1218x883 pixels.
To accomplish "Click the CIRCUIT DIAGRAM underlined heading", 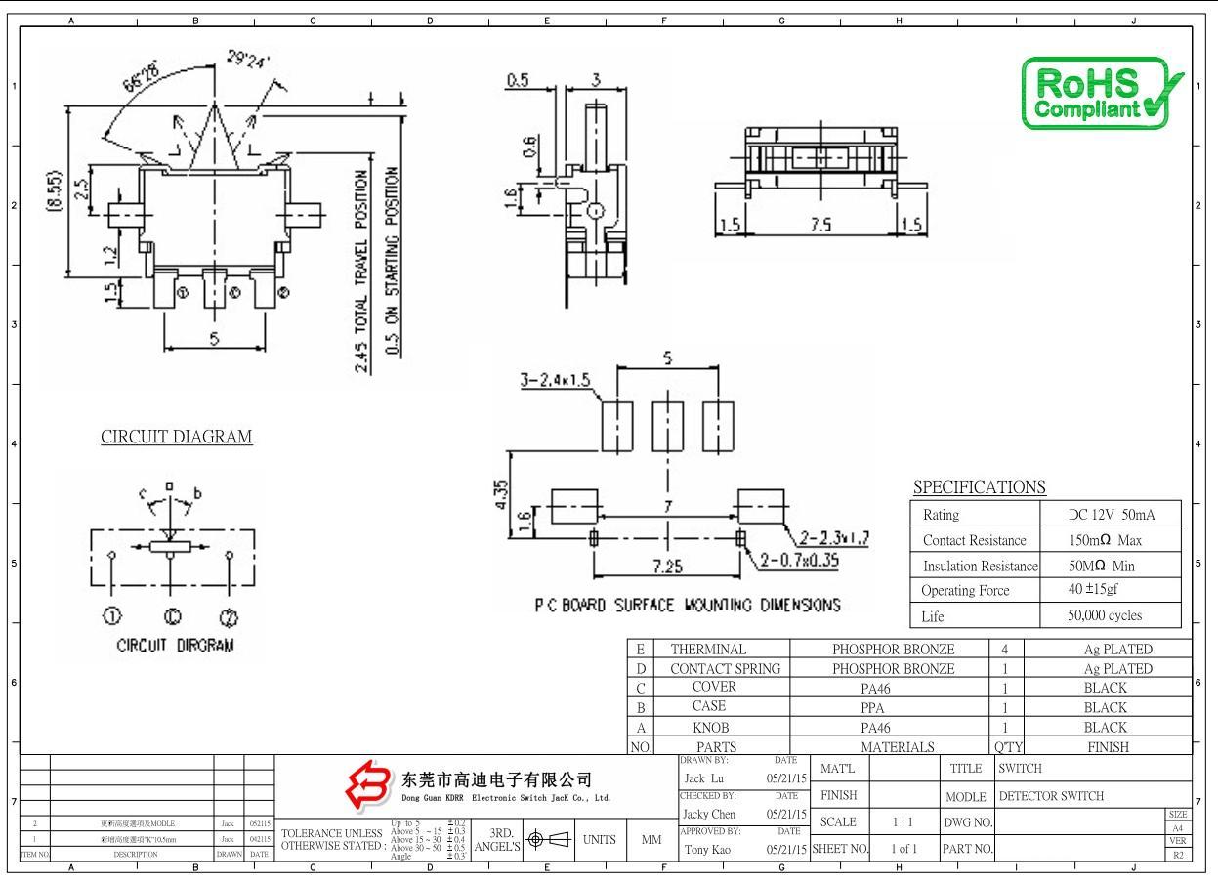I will pos(177,437).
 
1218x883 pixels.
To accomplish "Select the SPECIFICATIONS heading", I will pos(979,486).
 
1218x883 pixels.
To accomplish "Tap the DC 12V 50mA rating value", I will pos(1113,514).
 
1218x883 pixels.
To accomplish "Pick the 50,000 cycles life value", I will pos(1105,615).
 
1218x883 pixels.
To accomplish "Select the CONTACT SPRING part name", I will pos(725,669).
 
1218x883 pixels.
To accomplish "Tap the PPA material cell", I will pos(892,707).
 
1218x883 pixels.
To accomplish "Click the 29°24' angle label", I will pos(250,63).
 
